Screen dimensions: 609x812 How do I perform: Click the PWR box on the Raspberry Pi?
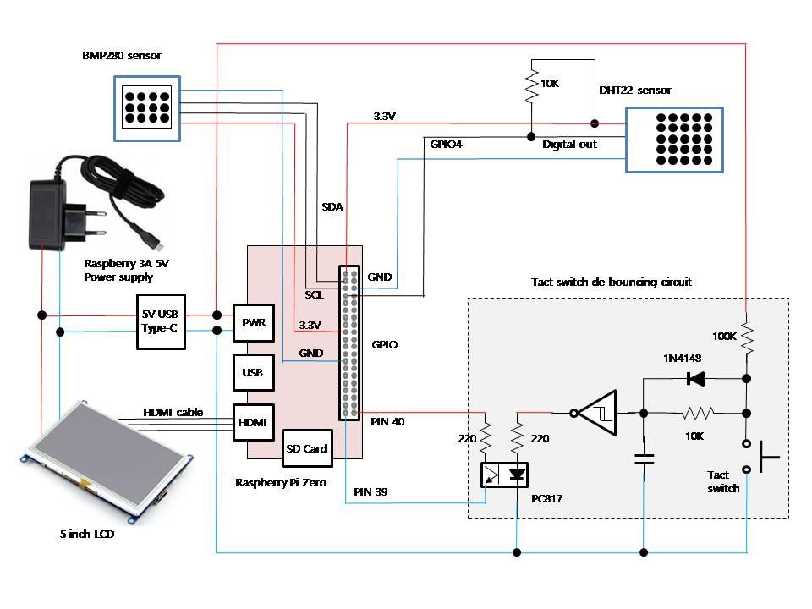pyautogui.click(x=253, y=322)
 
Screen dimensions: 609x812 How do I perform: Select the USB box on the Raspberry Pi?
pyautogui.click(x=253, y=372)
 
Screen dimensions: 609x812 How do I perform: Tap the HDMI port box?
pyautogui.click(x=253, y=422)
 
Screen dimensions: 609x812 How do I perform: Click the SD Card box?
pyautogui.click(x=306, y=447)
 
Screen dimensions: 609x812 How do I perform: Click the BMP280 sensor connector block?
pyautogui.click(x=147, y=108)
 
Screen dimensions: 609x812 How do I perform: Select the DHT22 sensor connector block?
pyautogui.click(x=674, y=140)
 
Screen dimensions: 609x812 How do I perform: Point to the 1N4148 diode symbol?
pyautogui.click(x=696, y=378)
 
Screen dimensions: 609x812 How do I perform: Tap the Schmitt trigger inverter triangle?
pyautogui.click(x=598, y=414)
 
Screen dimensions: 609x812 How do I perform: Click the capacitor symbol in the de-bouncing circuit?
pyautogui.click(x=645, y=460)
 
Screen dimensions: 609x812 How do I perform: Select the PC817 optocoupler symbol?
pyautogui.click(x=504, y=475)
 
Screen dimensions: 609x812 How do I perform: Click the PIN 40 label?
pyautogui.click(x=387, y=421)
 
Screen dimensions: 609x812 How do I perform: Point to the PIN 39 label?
pyautogui.click(x=370, y=491)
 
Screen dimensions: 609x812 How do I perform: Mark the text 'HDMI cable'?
pyautogui.click(x=173, y=412)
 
